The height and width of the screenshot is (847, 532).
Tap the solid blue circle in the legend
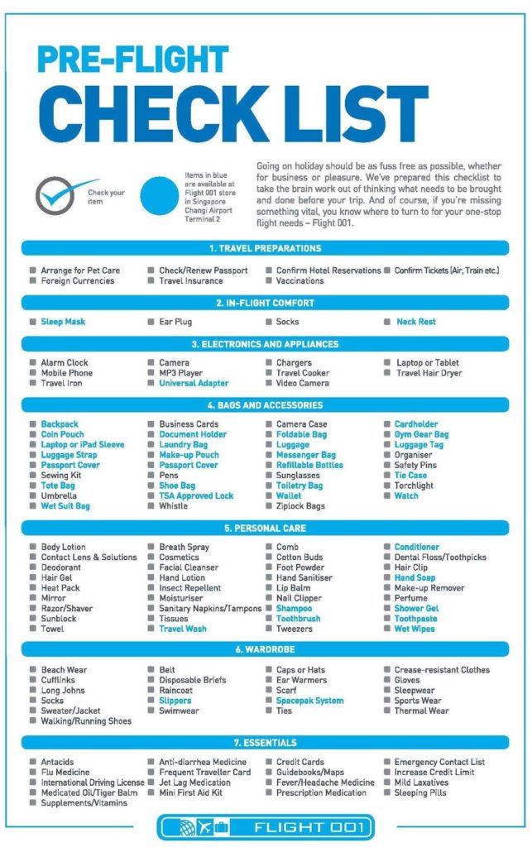pyautogui.click(x=160, y=196)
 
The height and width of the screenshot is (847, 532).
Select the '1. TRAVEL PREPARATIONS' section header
pyautogui.click(x=265, y=248)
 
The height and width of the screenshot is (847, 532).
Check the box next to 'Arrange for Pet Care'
pyautogui.click(x=32, y=270)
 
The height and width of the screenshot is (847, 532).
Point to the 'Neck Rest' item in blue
pyautogui.click(x=415, y=322)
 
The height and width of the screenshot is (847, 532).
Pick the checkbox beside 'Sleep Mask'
pyautogui.click(x=32, y=322)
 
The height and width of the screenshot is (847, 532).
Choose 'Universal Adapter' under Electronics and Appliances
pyautogui.click(x=194, y=383)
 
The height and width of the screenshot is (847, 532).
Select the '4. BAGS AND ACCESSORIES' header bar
pyautogui.click(x=265, y=405)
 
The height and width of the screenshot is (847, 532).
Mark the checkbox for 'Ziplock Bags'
pyautogui.click(x=269, y=506)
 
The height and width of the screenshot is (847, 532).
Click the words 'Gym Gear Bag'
pyautogui.click(x=421, y=434)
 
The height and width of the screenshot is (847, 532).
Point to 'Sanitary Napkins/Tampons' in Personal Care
pyautogui.click(x=210, y=609)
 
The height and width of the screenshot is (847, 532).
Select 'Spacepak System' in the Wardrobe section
pyautogui.click(x=309, y=701)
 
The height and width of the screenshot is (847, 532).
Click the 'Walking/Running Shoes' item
pyautogui.click(x=86, y=721)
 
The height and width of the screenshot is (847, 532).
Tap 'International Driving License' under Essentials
pyautogui.click(x=93, y=782)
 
